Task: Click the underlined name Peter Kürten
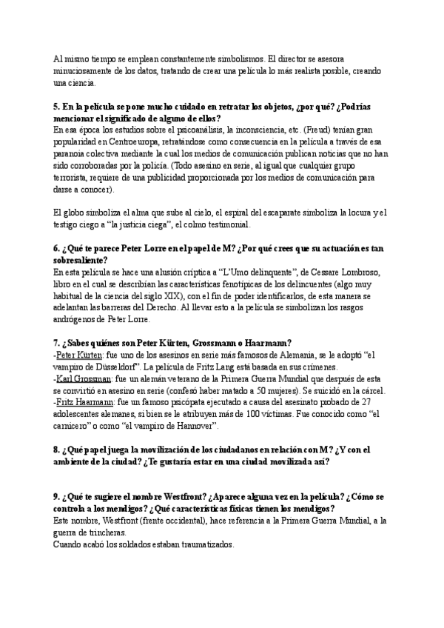81,355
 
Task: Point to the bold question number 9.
57,497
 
